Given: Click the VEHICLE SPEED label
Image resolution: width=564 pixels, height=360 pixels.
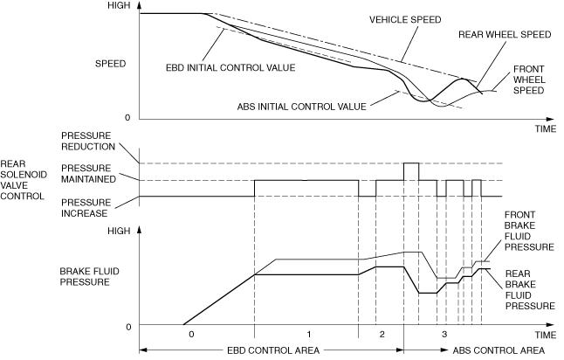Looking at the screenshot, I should click(x=404, y=19).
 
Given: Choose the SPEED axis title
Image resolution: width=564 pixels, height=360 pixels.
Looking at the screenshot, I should click(x=111, y=63).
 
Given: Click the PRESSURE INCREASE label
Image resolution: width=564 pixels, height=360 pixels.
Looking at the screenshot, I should click(x=89, y=208).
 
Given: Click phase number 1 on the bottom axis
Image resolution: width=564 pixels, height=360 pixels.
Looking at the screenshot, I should click(x=307, y=335).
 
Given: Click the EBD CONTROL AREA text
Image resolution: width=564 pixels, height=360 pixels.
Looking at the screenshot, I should click(x=272, y=350).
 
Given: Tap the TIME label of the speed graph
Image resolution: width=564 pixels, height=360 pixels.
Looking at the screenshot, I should click(x=545, y=128).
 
